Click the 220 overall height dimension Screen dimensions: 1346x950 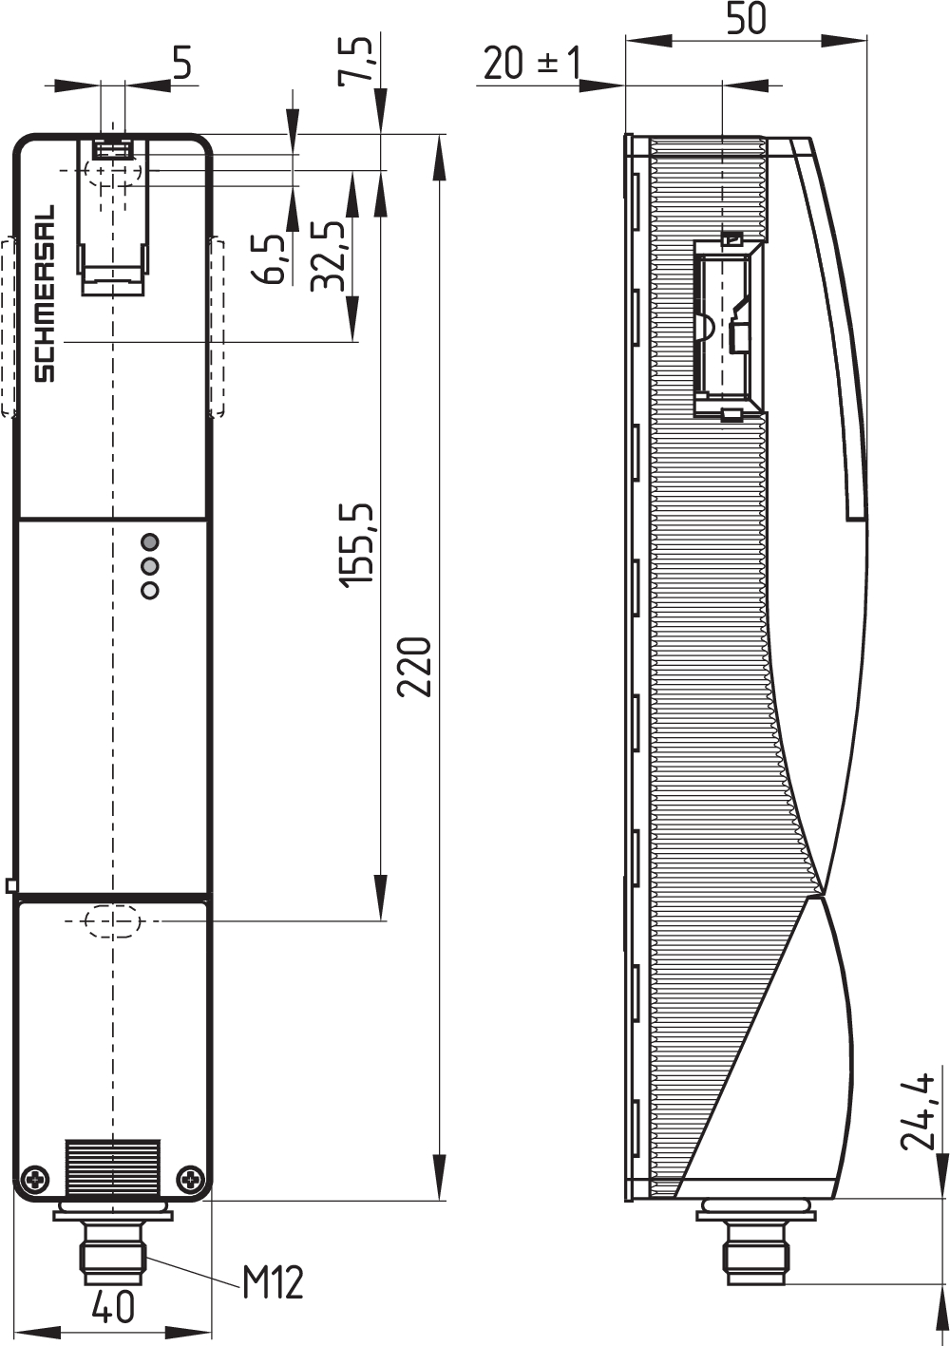click(x=415, y=667)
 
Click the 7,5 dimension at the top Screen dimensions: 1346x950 click(x=357, y=60)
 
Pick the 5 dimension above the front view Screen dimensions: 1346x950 click(x=181, y=63)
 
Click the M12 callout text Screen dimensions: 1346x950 click(x=273, y=1282)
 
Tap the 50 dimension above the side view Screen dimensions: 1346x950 click(x=746, y=19)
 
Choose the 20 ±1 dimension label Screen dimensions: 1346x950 click(x=531, y=64)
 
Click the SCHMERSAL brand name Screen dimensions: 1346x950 click(x=45, y=294)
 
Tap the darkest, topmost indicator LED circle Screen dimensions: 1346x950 click(x=149, y=542)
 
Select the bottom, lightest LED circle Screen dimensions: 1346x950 click(x=149, y=591)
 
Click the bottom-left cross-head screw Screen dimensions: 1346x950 click(x=36, y=1179)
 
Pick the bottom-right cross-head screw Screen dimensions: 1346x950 click(x=193, y=1179)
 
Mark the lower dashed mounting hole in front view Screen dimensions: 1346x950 click(x=112, y=920)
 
